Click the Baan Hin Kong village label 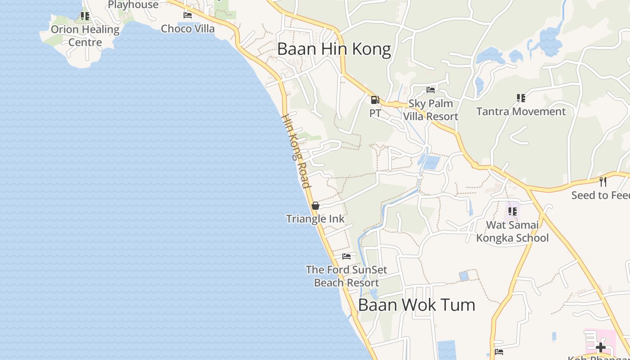click(x=334, y=49)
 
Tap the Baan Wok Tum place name click(x=416, y=305)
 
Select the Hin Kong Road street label click(x=296, y=151)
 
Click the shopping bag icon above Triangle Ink click(x=315, y=206)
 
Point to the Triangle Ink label click(x=315, y=219)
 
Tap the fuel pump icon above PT click(x=375, y=100)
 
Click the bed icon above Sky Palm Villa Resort click(x=431, y=90)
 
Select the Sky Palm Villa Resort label click(x=431, y=110)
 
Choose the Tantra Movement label click(x=521, y=111)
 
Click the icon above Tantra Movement click(x=521, y=98)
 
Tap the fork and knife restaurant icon click(x=603, y=182)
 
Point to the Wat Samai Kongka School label click(x=513, y=231)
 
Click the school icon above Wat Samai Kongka click(x=512, y=211)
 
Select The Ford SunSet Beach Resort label click(x=346, y=276)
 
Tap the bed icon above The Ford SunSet click(x=346, y=256)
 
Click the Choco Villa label click(x=188, y=29)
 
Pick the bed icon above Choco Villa click(x=188, y=15)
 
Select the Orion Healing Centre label click(x=85, y=36)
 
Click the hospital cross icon click(x=600, y=347)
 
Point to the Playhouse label click(x=133, y=5)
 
